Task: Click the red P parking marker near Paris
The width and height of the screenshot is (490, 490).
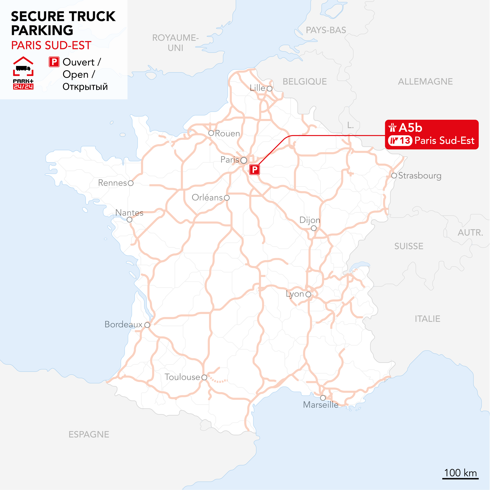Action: coord(254,169)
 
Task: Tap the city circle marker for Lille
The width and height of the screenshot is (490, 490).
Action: coord(269,88)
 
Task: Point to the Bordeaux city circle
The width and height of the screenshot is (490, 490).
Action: coord(147,325)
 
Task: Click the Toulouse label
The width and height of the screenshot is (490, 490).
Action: coord(182,377)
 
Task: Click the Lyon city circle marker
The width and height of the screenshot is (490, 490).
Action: coord(308,294)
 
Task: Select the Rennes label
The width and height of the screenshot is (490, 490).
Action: coord(112,183)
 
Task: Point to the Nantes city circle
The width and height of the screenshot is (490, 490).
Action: coord(129,220)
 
